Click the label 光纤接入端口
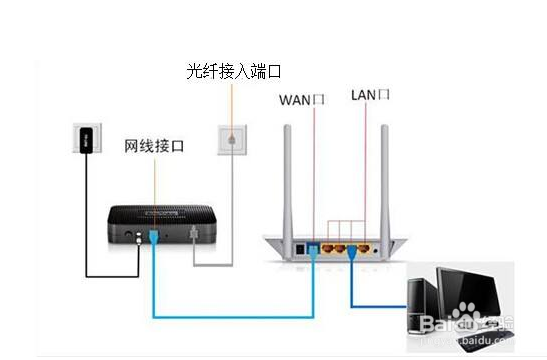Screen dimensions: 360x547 coord(233,71)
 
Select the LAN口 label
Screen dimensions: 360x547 coord(370,95)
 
